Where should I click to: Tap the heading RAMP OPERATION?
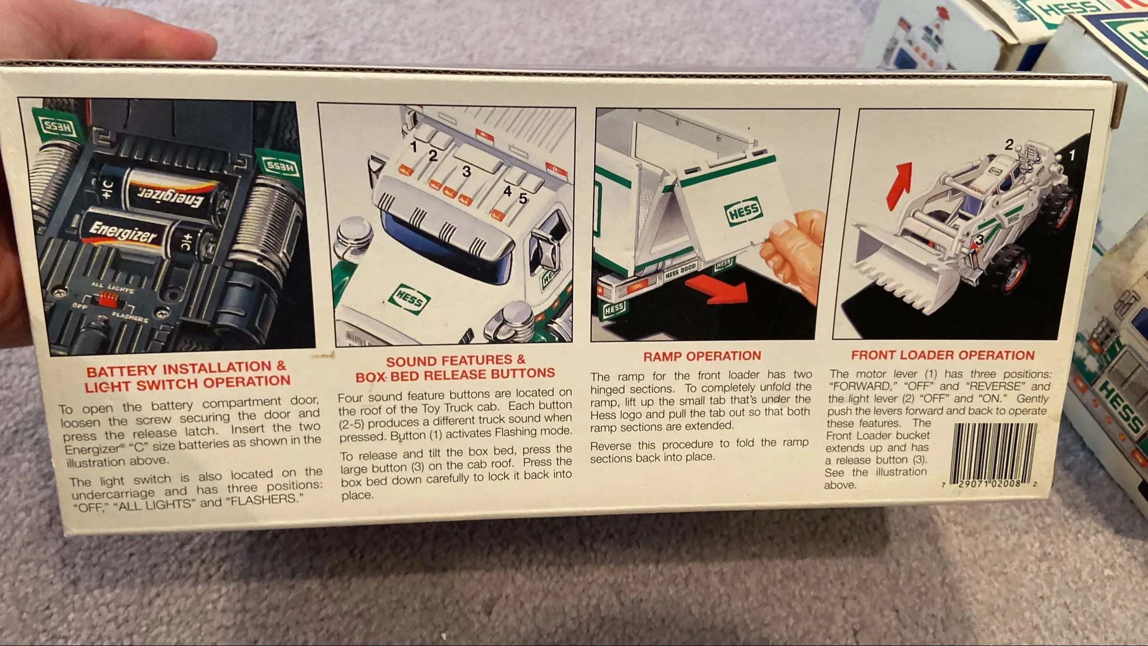702,356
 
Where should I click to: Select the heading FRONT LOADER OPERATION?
943,355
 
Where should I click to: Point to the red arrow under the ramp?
717,289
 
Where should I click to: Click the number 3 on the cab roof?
466,171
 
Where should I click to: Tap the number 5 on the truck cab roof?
523,199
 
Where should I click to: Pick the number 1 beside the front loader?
1072,155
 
